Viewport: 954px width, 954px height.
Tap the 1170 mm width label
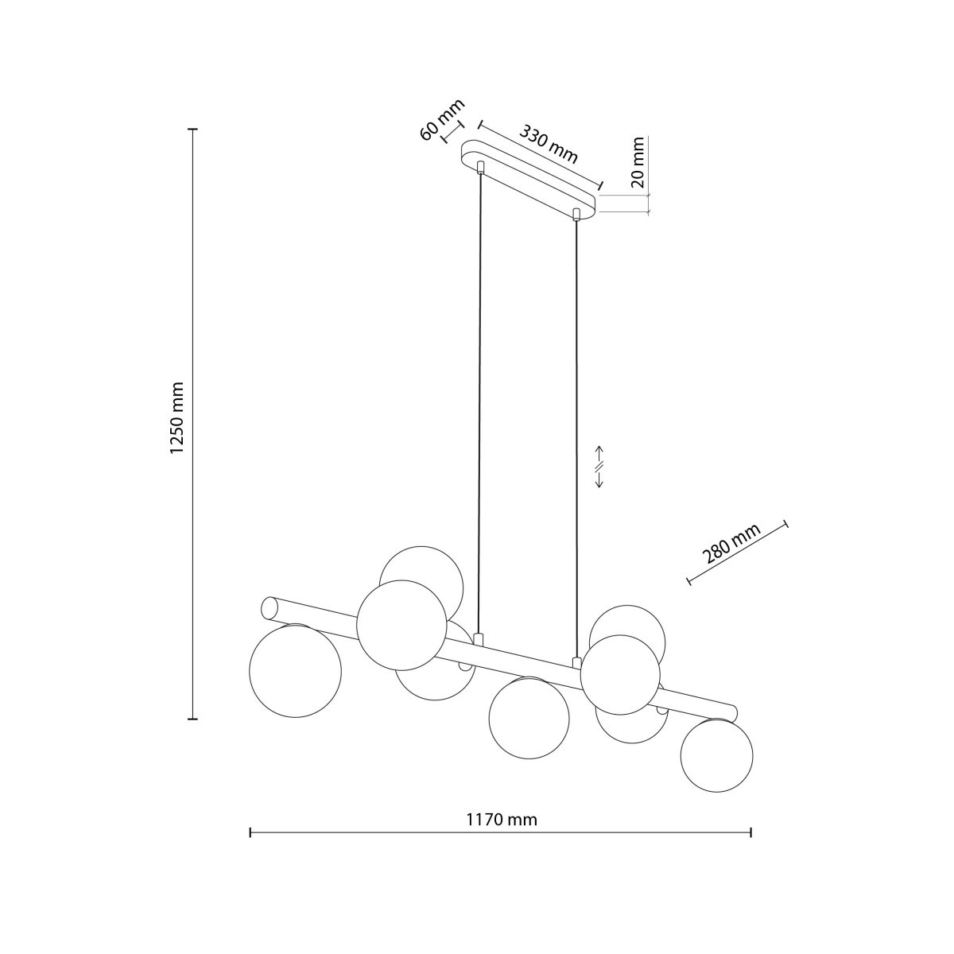(501, 820)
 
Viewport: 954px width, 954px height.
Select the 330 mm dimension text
(549, 144)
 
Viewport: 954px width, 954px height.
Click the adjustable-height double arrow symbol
(599, 467)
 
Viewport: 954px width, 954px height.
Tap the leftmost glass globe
(295, 671)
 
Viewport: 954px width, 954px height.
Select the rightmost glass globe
(716, 755)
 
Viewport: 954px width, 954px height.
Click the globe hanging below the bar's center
(529, 717)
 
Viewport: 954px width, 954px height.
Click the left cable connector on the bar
(478, 638)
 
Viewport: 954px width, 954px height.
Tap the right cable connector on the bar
(576, 661)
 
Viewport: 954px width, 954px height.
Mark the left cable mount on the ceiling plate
(479, 167)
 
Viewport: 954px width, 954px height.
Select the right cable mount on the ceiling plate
(577, 213)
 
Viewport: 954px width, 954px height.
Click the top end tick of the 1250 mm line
(192, 129)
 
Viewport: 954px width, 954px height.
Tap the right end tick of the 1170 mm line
(750, 832)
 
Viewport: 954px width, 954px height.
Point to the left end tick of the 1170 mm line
(250, 832)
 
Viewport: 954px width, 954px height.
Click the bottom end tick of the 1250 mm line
(192, 719)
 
